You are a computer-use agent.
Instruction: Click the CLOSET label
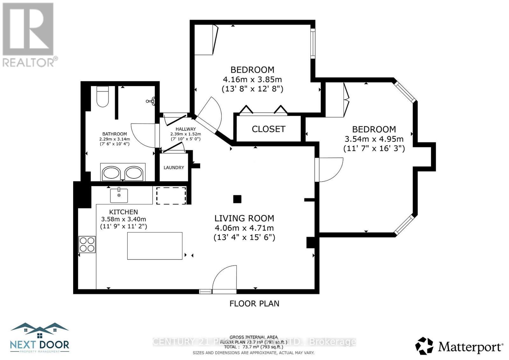268,129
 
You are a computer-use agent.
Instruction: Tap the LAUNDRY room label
174,168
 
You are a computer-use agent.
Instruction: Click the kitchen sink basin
119,195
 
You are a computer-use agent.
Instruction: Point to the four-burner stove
87,244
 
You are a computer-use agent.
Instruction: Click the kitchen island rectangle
155,246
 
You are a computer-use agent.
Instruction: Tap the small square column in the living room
237,199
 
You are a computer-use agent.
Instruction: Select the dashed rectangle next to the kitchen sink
171,196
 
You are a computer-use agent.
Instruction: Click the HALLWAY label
185,129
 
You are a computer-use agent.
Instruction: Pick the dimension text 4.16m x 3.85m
252,79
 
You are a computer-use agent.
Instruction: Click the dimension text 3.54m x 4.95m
374,139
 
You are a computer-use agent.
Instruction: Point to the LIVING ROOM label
244,218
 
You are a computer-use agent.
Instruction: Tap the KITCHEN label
123,212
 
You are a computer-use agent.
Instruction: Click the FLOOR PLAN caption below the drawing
254,303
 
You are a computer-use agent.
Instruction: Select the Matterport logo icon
424,346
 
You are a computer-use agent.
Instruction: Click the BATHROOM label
115,134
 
